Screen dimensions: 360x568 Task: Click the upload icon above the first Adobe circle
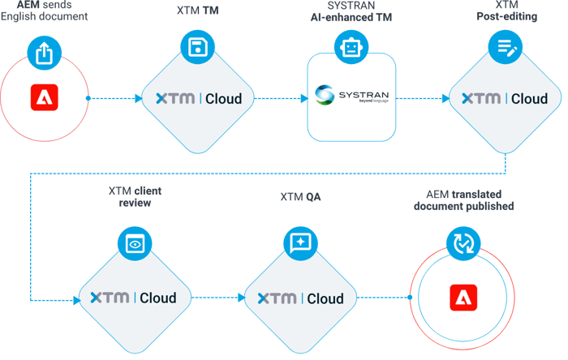(x=44, y=53)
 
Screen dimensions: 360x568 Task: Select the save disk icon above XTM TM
(x=196, y=47)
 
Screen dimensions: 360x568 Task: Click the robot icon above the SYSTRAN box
(x=351, y=47)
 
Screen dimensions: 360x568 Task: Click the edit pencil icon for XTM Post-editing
(x=504, y=47)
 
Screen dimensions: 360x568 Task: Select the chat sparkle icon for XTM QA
(x=299, y=243)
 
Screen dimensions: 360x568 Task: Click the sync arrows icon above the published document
(x=462, y=243)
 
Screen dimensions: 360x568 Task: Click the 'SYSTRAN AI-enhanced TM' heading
(x=351, y=11)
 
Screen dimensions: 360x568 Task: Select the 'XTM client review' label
(x=135, y=196)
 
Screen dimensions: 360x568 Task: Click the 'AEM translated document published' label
(x=463, y=200)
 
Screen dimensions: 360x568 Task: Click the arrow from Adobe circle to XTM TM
(x=114, y=99)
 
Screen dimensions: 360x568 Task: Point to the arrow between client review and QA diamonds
(x=217, y=298)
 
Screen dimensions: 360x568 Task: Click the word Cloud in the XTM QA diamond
(x=325, y=298)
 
